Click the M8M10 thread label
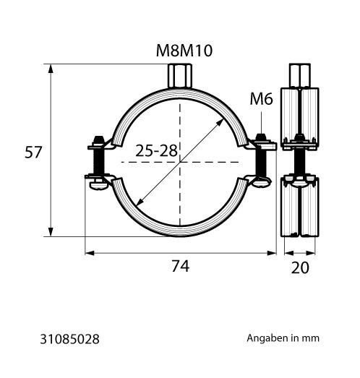point(184,51)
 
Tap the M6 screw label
point(262,99)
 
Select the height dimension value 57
point(33,152)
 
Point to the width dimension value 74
point(181,266)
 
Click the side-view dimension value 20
point(300,267)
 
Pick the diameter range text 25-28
point(156,150)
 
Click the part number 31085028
point(69,339)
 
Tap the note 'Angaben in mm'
point(283,338)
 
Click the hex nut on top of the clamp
point(180,76)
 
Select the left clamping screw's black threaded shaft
point(98,160)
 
